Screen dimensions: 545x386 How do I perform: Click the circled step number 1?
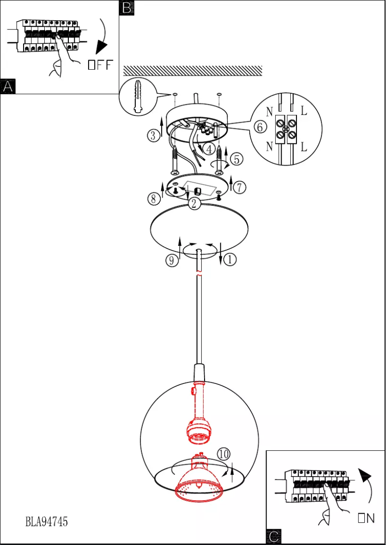click(x=230, y=260)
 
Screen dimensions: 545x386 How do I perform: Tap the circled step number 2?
click(x=194, y=203)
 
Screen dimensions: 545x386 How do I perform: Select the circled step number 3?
click(x=153, y=136)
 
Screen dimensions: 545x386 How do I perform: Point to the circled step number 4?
click(x=208, y=149)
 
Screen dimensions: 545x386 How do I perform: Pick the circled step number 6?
click(x=259, y=127)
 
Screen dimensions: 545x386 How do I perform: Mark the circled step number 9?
click(x=171, y=260)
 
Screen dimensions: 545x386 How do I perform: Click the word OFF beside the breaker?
click(x=100, y=65)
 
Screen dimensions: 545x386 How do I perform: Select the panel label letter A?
click(x=8, y=87)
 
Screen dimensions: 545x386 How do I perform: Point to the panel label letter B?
click(x=126, y=8)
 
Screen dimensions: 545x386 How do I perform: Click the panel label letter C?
click(x=273, y=537)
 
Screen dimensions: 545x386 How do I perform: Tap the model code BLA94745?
click(x=47, y=521)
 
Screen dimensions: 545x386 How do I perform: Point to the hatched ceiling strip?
click(x=193, y=71)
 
